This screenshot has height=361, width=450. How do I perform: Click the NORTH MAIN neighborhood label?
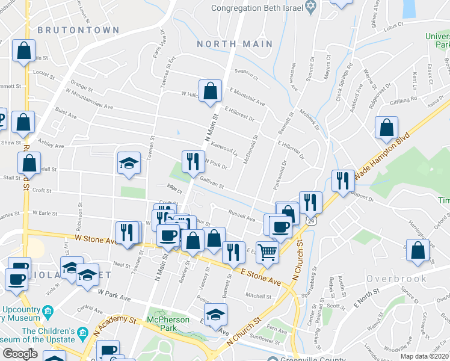coord(235,44)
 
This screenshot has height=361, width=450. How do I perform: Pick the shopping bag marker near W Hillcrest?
coord(211,92)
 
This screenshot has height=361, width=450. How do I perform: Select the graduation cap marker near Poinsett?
coord(215,315)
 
